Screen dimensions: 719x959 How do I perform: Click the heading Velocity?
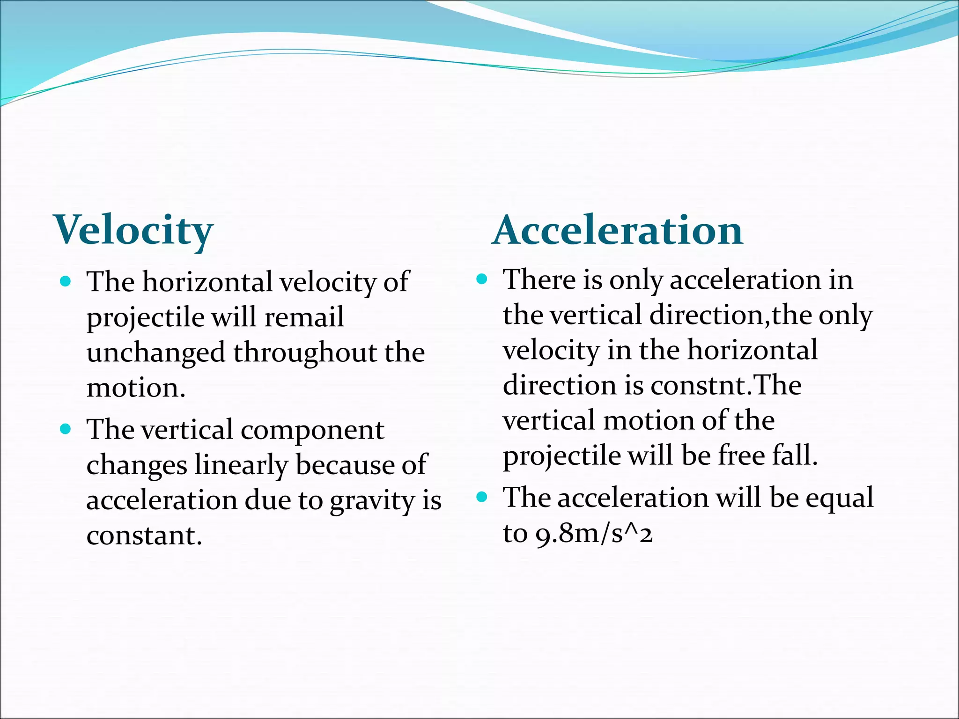tap(134, 230)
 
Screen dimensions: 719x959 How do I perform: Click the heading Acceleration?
tap(618, 230)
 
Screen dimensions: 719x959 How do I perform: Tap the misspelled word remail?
tap(304, 317)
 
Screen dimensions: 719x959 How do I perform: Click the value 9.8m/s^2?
tap(594, 533)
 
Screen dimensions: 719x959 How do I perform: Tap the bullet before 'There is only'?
tap(482, 279)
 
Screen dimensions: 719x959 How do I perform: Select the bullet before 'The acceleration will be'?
tap(482, 497)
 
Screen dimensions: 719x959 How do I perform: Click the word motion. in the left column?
tap(136, 388)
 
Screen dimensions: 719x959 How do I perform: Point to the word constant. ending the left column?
tap(144, 536)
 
